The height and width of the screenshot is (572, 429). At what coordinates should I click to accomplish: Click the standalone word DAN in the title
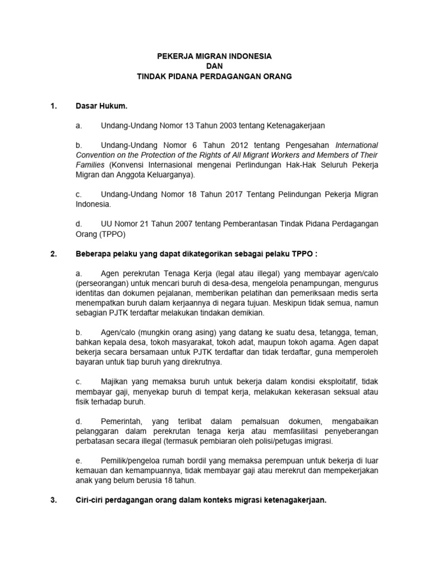pyautogui.click(x=214, y=66)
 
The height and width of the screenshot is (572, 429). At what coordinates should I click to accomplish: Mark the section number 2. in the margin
pyautogui.click(x=53, y=254)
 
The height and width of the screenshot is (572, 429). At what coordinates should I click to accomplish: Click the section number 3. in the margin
pyautogui.click(x=53, y=500)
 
